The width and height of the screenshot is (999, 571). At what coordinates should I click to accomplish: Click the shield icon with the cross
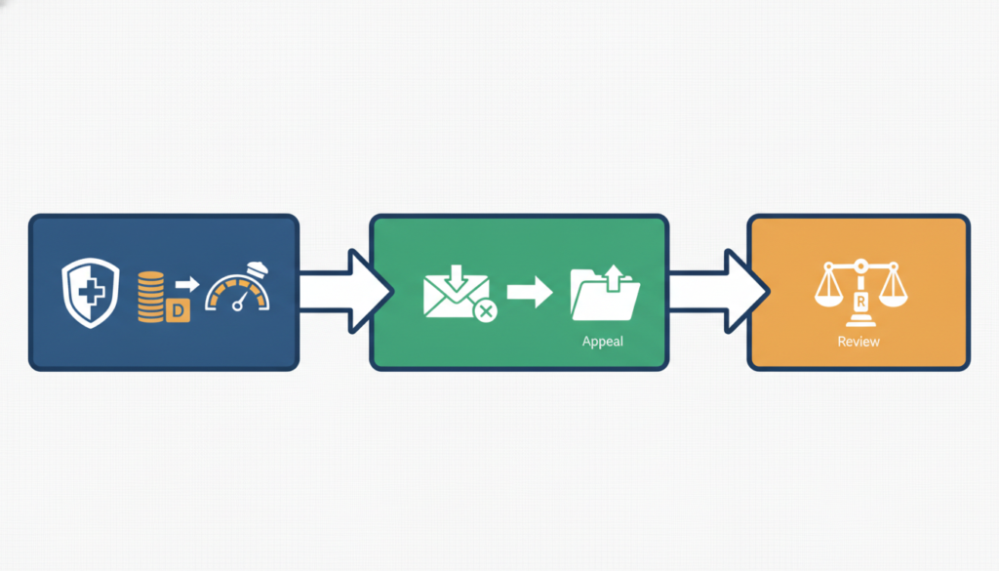click(91, 293)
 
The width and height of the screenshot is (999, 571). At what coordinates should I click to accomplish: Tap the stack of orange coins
click(151, 297)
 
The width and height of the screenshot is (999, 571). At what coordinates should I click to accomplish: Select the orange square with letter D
click(178, 310)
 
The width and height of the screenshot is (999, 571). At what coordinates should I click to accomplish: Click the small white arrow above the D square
click(187, 284)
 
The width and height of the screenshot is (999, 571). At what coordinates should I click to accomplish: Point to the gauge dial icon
click(238, 287)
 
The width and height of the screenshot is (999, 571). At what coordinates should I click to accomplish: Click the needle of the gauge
click(240, 301)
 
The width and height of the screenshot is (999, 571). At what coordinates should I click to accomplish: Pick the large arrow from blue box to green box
click(345, 291)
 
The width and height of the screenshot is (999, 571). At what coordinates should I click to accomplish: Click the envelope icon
click(457, 296)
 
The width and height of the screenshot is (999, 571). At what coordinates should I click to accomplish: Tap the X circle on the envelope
click(486, 311)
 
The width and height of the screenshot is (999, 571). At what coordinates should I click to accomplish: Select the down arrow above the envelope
click(457, 277)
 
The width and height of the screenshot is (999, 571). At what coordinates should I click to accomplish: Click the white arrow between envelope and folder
click(530, 293)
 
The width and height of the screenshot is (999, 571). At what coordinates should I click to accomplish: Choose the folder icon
click(605, 295)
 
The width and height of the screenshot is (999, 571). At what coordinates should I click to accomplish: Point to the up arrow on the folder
click(614, 278)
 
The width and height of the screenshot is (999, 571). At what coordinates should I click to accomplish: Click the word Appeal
click(603, 342)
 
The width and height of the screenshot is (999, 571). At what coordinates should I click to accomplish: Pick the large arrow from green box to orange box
click(719, 291)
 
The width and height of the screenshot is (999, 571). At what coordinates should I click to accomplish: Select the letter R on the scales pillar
click(860, 302)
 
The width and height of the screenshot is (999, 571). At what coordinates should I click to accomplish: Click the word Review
click(859, 342)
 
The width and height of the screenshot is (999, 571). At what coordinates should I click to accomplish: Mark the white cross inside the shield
click(91, 293)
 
